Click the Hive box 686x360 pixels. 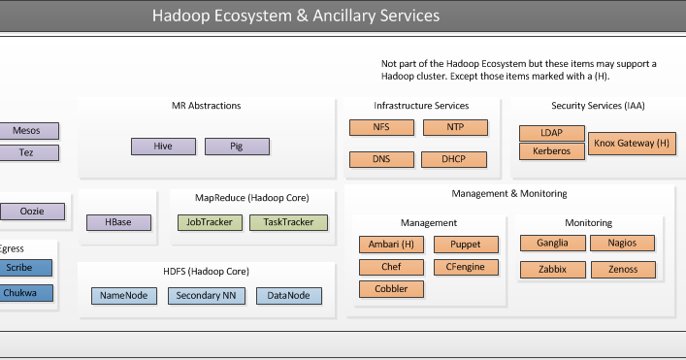pyautogui.click(x=163, y=147)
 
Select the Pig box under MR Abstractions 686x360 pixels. pyautogui.click(x=237, y=147)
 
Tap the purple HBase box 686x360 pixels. pyautogui.click(x=118, y=222)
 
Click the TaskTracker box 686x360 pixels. pyautogui.click(x=288, y=222)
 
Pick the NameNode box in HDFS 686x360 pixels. pyautogui.click(x=124, y=295)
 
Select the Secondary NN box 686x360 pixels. pyautogui.click(x=206, y=295)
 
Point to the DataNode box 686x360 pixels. pyautogui.click(x=288, y=295)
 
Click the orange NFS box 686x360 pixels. pyautogui.click(x=381, y=127)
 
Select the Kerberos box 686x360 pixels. pyautogui.click(x=552, y=150)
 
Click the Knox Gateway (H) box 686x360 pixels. pyautogui.click(x=632, y=143)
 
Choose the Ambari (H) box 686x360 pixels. pyautogui.click(x=391, y=245)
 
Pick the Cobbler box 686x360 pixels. pyautogui.click(x=391, y=288)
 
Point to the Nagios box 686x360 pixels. pyautogui.click(x=623, y=243)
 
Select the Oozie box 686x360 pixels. pyautogui.click(x=31, y=211)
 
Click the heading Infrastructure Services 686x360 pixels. pyautogui.click(x=421, y=106)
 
